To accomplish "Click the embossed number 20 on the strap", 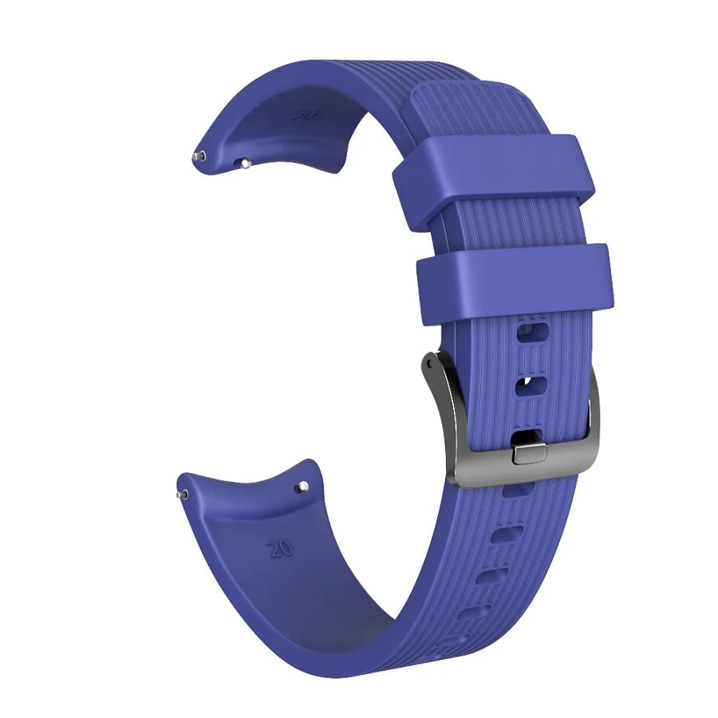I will tap(281, 548).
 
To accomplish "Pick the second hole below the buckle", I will tap(506, 535).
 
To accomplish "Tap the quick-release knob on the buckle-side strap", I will tap(247, 164).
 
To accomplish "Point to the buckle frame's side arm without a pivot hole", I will tap(594, 423).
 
